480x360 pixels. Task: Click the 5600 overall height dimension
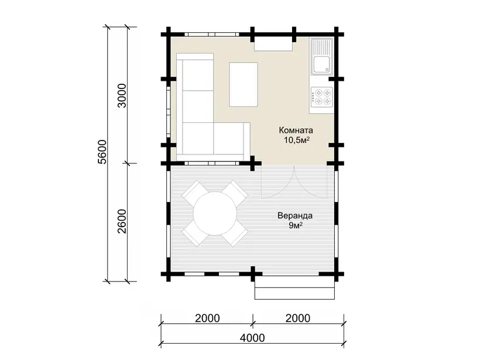pyautogui.click(x=103, y=152)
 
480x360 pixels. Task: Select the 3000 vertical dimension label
pyautogui.click(x=122, y=95)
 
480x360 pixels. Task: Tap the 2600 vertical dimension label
pyautogui.click(x=122, y=221)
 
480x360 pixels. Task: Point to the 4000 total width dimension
pyautogui.click(x=252, y=338)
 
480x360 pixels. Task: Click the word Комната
pyautogui.click(x=296, y=131)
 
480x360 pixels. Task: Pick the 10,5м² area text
pyautogui.click(x=296, y=140)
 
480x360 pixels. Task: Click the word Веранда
pyautogui.click(x=295, y=215)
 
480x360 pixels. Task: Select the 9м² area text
pyautogui.click(x=296, y=225)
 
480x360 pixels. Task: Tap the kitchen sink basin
pyautogui.click(x=321, y=64)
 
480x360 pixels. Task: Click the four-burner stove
pyautogui.click(x=322, y=97)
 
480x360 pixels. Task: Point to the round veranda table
pyautogui.click(x=215, y=214)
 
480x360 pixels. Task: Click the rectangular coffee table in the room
pyautogui.click(x=244, y=84)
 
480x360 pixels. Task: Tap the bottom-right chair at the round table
pyautogui.click(x=235, y=235)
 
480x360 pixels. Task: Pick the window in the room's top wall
pyautogui.click(x=212, y=35)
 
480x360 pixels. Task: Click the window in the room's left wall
pyautogui.click(x=169, y=112)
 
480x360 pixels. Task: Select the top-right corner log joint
pyautogui.click(x=336, y=35)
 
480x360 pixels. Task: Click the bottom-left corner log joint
pyautogui.click(x=169, y=274)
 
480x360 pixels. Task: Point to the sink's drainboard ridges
pyautogui.click(x=321, y=46)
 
